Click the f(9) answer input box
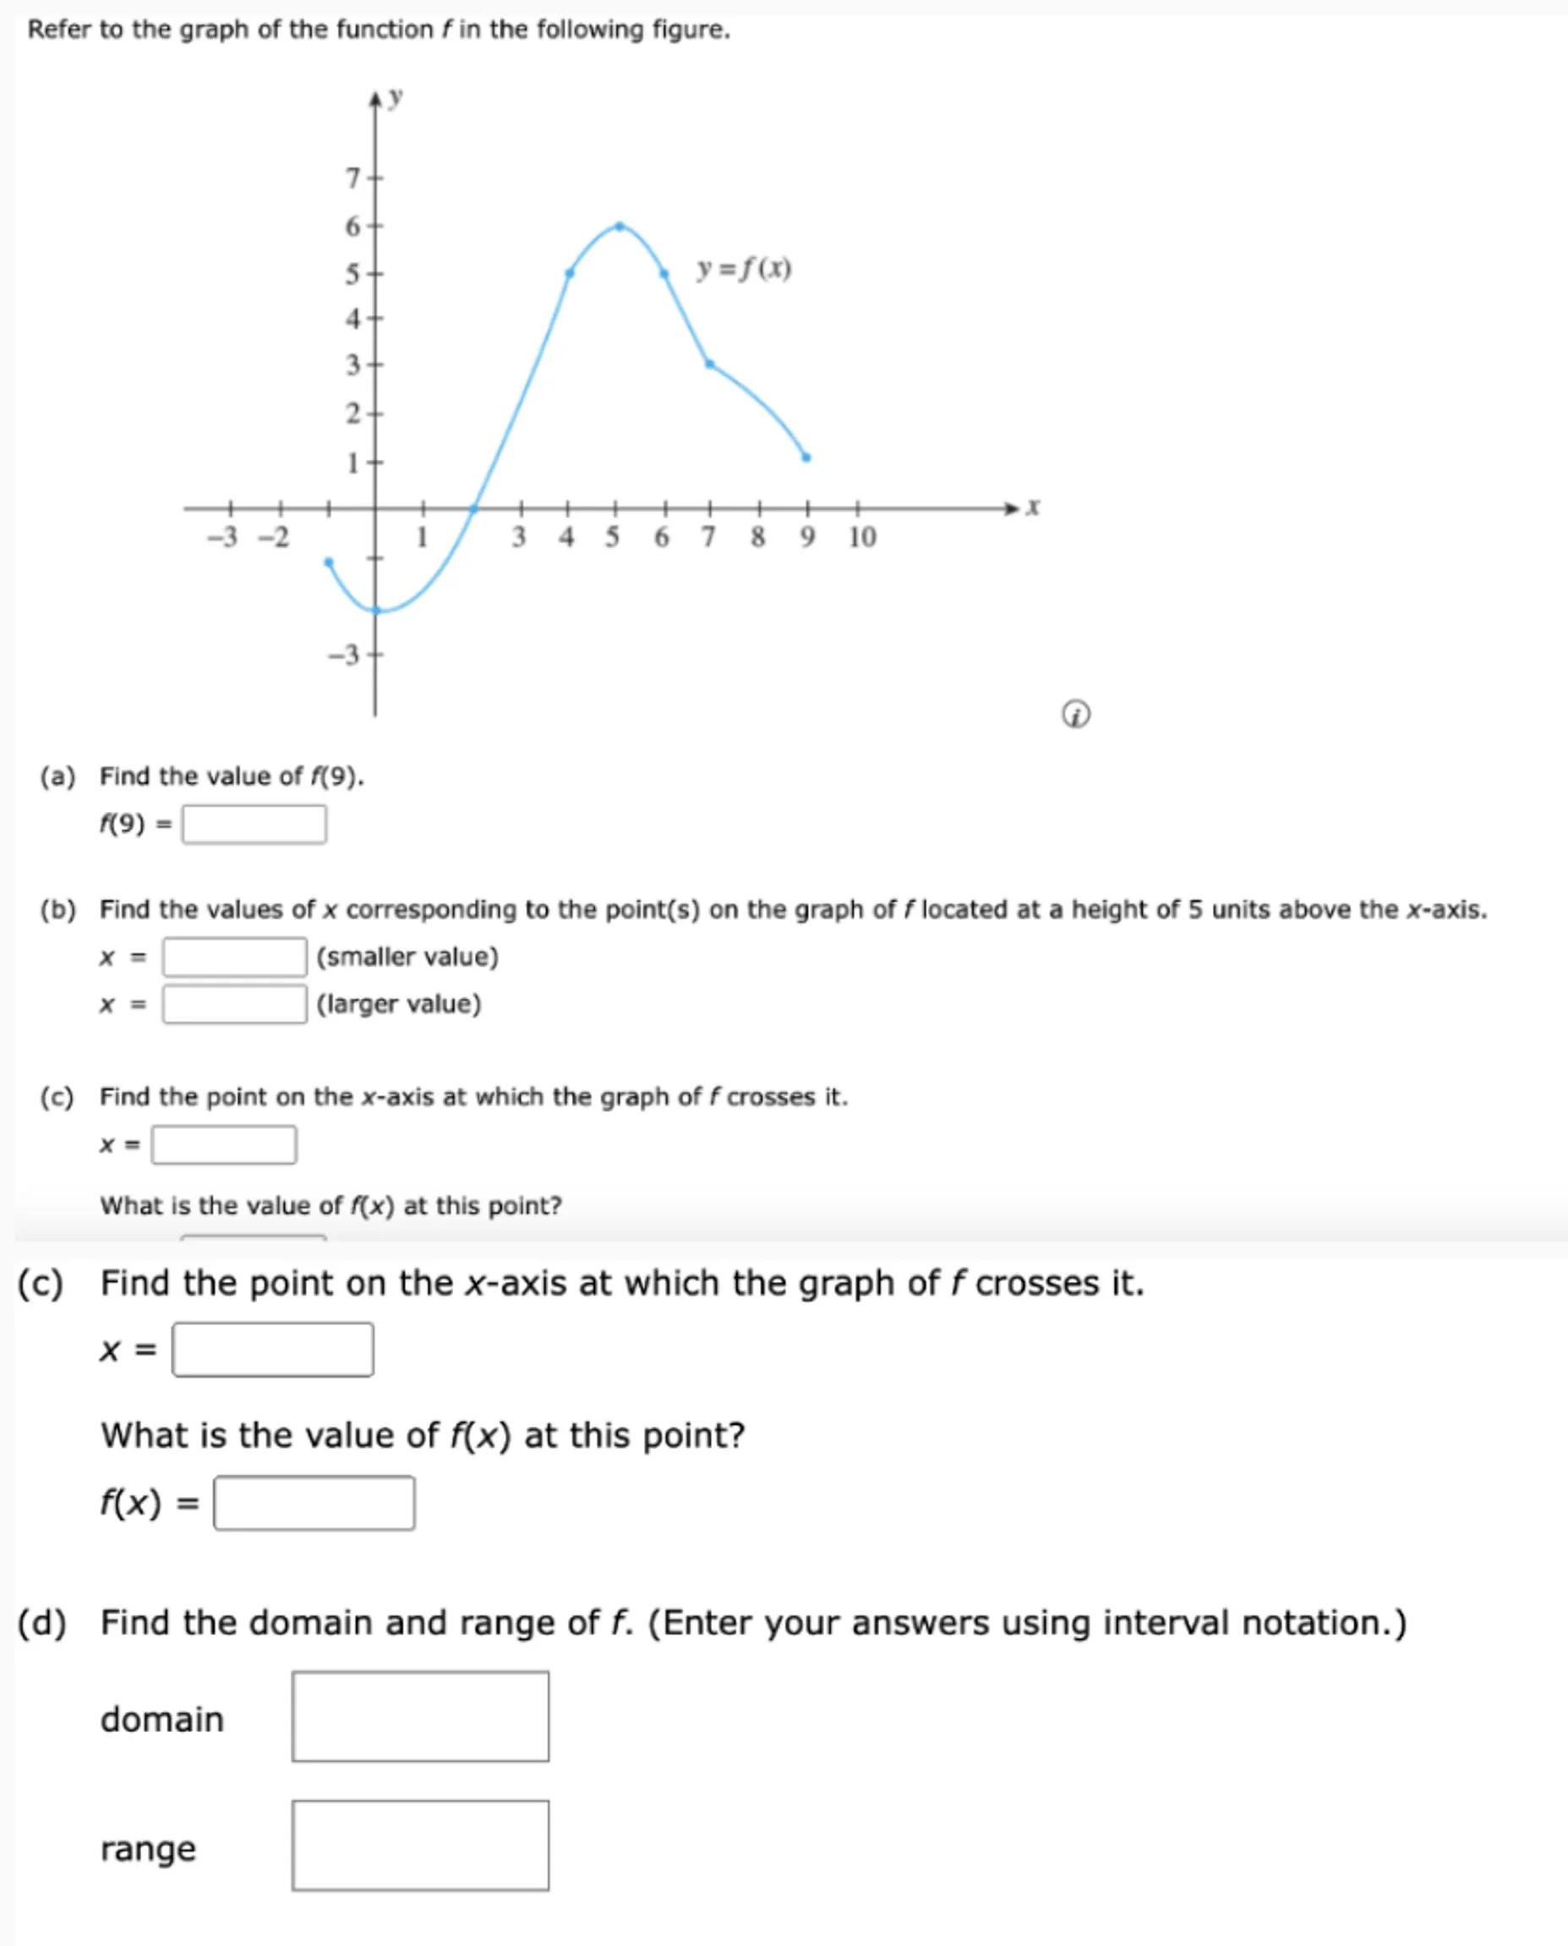coord(254,824)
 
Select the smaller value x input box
coord(234,957)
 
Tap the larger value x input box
coord(234,1004)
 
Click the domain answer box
coord(420,1717)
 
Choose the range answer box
coord(420,1845)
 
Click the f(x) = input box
coord(314,1504)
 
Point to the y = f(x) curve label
coord(743,269)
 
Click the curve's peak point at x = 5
coord(619,226)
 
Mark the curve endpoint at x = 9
coord(806,458)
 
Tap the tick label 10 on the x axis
coord(861,538)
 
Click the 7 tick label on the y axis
coord(353,178)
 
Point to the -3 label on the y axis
coord(343,654)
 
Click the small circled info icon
coord(1075,715)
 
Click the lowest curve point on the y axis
coord(377,610)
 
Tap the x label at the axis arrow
coord(1033,507)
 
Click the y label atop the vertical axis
coord(395,96)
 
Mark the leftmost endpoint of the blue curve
coord(329,562)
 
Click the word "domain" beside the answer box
coord(161,1719)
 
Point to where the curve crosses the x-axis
coord(473,508)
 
